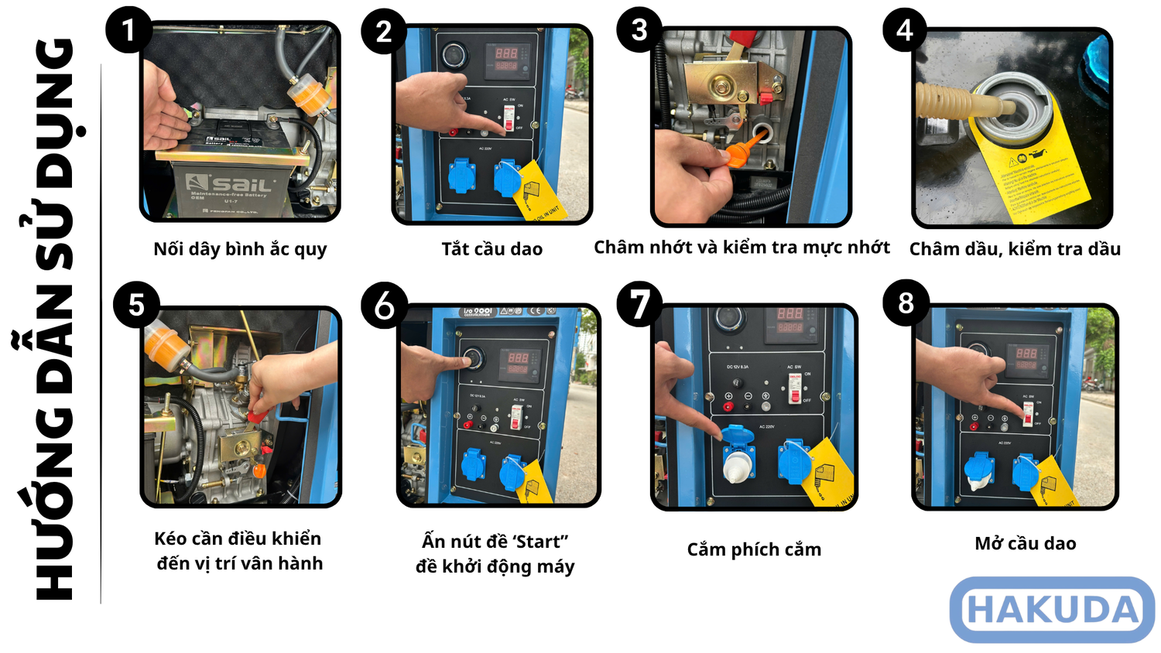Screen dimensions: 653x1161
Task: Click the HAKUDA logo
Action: [1053, 610]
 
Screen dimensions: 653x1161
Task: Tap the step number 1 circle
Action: [128, 30]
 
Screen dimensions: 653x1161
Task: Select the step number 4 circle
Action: [905, 30]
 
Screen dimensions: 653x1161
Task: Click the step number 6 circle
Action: [384, 306]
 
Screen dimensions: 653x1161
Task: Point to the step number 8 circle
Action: [906, 303]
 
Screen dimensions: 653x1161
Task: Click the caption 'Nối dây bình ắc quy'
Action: [240, 249]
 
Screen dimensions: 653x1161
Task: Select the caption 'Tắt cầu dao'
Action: [491, 249]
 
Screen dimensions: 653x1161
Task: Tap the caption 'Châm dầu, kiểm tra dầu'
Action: [1015, 249]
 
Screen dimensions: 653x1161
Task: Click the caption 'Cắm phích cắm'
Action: [754, 549]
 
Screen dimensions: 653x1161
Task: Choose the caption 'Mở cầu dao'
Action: [1025, 544]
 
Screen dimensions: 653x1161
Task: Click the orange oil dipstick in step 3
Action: [740, 150]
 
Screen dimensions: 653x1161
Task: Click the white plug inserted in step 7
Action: [738, 465]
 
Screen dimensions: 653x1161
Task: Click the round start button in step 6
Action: [471, 359]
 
